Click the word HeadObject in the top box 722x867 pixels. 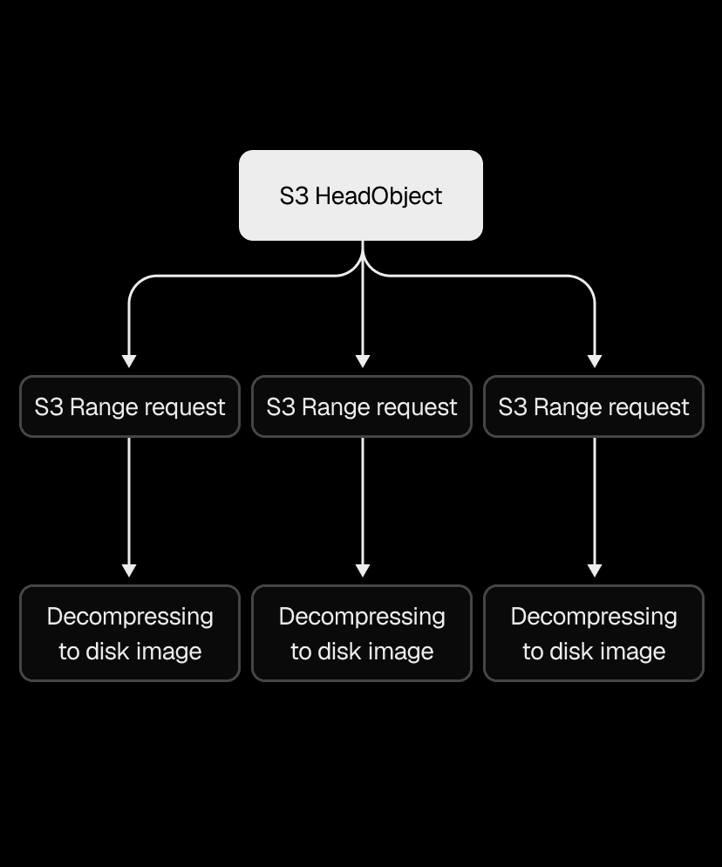(x=378, y=196)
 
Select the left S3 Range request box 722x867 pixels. (x=130, y=406)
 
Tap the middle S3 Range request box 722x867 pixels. (x=362, y=406)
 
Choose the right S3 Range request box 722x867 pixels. (x=594, y=406)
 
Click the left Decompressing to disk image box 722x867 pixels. (x=130, y=633)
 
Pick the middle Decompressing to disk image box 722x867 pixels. (x=362, y=633)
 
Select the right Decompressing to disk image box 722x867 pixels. (x=594, y=633)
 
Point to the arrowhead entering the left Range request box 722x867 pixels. (x=129, y=361)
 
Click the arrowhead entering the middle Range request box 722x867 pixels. (x=363, y=361)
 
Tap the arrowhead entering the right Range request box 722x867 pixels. (x=595, y=361)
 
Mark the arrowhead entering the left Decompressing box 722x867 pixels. (x=129, y=570)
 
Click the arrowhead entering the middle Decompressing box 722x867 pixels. (x=363, y=570)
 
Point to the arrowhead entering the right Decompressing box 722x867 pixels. (x=595, y=570)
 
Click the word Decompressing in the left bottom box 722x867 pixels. (x=130, y=617)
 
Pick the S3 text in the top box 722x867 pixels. (x=294, y=196)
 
